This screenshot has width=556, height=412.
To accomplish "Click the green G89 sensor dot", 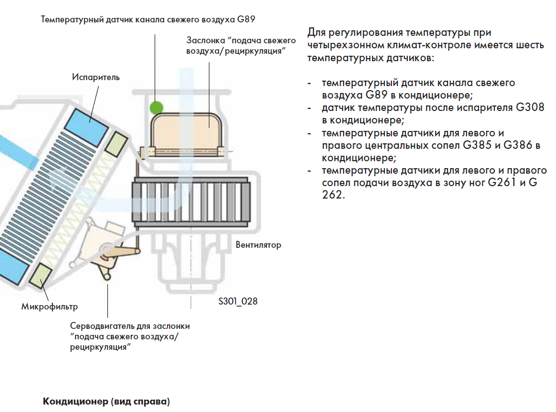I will pyautogui.click(x=157, y=106).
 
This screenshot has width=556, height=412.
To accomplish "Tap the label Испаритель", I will pyautogui.click(x=96, y=78).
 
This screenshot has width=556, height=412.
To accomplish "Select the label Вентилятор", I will pyautogui.click(x=258, y=245).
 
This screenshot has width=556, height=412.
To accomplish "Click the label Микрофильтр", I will pyautogui.click(x=49, y=306).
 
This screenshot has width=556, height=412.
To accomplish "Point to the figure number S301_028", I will pyautogui.click(x=238, y=302).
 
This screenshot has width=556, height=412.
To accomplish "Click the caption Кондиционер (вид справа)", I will pyautogui.click(x=106, y=401).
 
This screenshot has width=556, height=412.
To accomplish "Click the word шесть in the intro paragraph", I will pyautogui.click(x=530, y=46).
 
